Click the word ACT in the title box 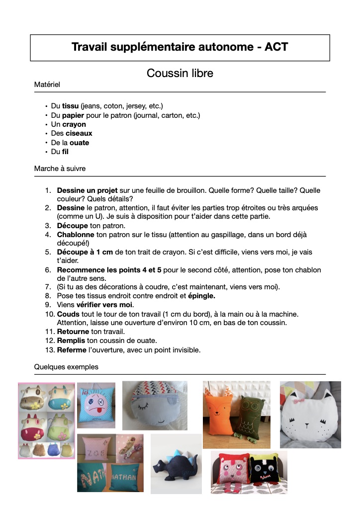point(276,47)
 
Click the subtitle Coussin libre point(180,74)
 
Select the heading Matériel point(47,85)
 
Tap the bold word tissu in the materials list point(70,106)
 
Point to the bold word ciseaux point(79,133)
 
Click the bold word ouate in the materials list point(79,143)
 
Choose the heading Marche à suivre point(60,169)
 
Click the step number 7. point(48,287)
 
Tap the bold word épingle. point(201,296)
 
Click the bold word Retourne point(73,332)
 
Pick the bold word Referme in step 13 point(72,350)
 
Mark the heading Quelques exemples point(66,367)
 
